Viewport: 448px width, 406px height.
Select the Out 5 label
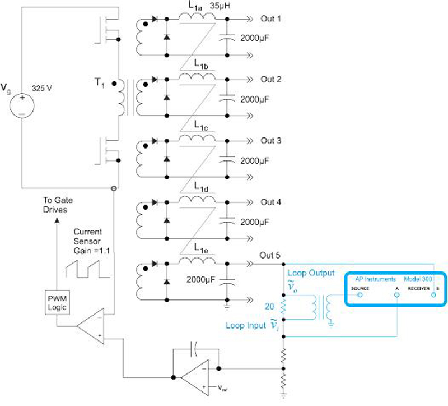[x=270, y=256]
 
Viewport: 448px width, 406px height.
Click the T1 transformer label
[x=102, y=85]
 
